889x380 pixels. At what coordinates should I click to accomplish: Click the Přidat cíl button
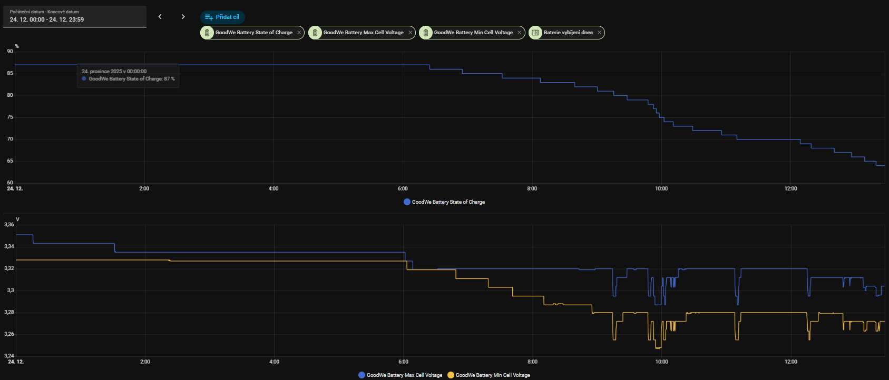[x=222, y=17]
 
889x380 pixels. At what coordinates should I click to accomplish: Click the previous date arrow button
[x=160, y=17]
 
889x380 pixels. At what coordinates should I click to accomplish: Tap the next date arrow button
[x=183, y=17]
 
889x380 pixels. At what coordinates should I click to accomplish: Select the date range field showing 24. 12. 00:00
[x=74, y=17]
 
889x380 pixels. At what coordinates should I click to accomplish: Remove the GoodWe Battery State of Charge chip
[x=299, y=33]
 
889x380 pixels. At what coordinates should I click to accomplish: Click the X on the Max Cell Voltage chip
[x=411, y=33]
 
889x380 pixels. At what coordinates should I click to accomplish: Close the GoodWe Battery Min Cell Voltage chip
[x=519, y=33]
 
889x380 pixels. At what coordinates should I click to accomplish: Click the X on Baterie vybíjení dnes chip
[x=599, y=33]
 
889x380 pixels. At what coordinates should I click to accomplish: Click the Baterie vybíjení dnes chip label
[x=568, y=33]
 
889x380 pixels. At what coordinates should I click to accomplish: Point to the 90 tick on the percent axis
[x=10, y=52]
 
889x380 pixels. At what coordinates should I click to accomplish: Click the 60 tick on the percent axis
[x=10, y=183]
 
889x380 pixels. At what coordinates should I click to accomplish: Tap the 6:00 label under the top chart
[x=403, y=188]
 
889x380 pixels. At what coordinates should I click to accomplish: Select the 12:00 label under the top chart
[x=790, y=188]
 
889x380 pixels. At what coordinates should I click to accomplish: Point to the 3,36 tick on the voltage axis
[x=9, y=225]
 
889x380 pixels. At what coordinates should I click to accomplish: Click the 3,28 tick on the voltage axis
[x=9, y=312]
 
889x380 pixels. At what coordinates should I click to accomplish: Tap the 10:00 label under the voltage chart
[x=661, y=362]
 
